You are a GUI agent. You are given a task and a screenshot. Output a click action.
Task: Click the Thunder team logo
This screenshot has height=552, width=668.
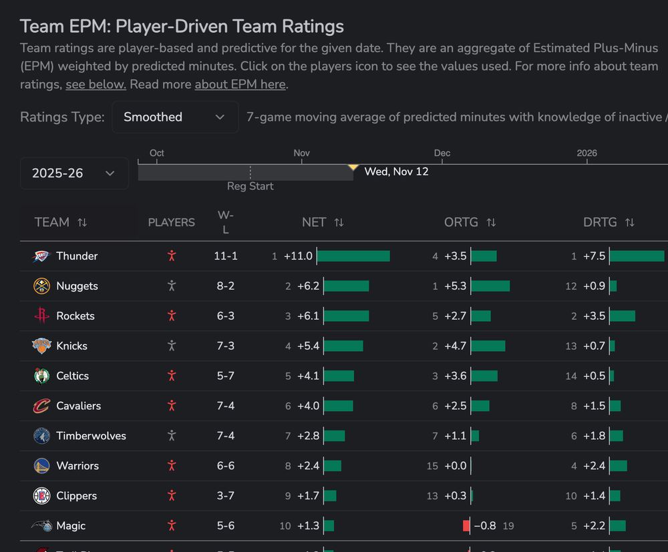[x=41, y=256]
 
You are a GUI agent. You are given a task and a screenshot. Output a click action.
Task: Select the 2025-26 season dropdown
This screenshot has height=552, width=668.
[x=74, y=174]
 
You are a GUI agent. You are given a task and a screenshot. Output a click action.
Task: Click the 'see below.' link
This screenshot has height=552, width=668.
[x=96, y=85]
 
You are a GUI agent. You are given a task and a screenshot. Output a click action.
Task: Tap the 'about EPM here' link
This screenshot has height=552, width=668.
[x=240, y=85]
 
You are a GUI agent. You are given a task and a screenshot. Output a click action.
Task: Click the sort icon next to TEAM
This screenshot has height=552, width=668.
[x=82, y=222]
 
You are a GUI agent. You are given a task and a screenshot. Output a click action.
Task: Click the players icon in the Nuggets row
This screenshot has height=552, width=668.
[x=172, y=286]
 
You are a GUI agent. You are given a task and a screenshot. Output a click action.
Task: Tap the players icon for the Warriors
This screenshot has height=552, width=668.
[x=172, y=466]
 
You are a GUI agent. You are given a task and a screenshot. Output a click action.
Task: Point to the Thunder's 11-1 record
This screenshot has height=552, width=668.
[x=226, y=256]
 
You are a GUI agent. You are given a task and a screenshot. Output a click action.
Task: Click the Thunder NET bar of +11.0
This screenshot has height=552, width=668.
[x=353, y=256]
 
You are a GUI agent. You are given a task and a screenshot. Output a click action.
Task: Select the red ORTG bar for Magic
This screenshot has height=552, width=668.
[x=466, y=526]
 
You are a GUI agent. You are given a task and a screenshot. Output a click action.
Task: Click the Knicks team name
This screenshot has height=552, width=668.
[x=71, y=346]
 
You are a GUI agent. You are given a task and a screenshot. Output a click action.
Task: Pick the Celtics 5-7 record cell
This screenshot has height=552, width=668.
[x=226, y=376]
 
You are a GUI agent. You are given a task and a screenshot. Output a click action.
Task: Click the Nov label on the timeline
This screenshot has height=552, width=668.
[x=301, y=154]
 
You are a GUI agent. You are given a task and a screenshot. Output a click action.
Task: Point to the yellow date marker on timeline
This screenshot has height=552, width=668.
[x=353, y=167]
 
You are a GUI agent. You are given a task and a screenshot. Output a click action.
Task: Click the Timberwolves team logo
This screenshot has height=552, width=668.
[x=41, y=436]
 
